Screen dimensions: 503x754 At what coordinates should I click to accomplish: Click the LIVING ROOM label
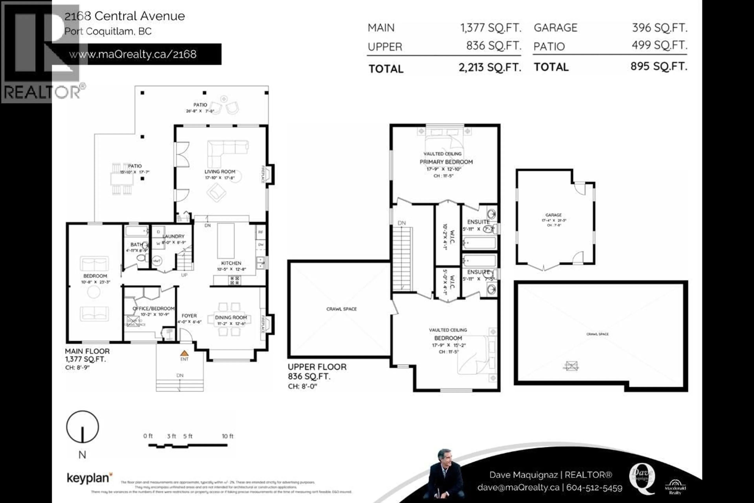[220, 172]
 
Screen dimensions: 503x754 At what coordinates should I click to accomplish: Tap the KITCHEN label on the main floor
[231, 263]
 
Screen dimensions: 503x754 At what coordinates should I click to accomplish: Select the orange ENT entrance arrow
[184, 353]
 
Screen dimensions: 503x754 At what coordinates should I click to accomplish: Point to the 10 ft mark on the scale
[228, 436]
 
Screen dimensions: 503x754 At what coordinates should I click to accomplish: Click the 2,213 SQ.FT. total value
[490, 68]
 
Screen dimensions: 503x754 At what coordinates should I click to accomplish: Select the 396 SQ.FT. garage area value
[660, 28]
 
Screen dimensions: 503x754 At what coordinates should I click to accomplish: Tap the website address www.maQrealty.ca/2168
[133, 54]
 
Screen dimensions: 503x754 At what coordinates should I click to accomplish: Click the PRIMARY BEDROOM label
[446, 162]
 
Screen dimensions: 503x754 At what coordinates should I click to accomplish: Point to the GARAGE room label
[553, 215]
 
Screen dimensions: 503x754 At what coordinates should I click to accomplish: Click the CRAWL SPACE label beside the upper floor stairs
[341, 309]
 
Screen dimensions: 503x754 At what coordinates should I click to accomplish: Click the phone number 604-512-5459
[594, 488]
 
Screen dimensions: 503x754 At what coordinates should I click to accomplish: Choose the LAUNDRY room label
[173, 236]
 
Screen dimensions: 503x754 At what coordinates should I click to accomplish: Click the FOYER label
[189, 316]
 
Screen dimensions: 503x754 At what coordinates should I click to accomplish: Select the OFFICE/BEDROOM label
[154, 308]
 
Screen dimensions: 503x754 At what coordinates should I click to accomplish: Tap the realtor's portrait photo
[446, 475]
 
